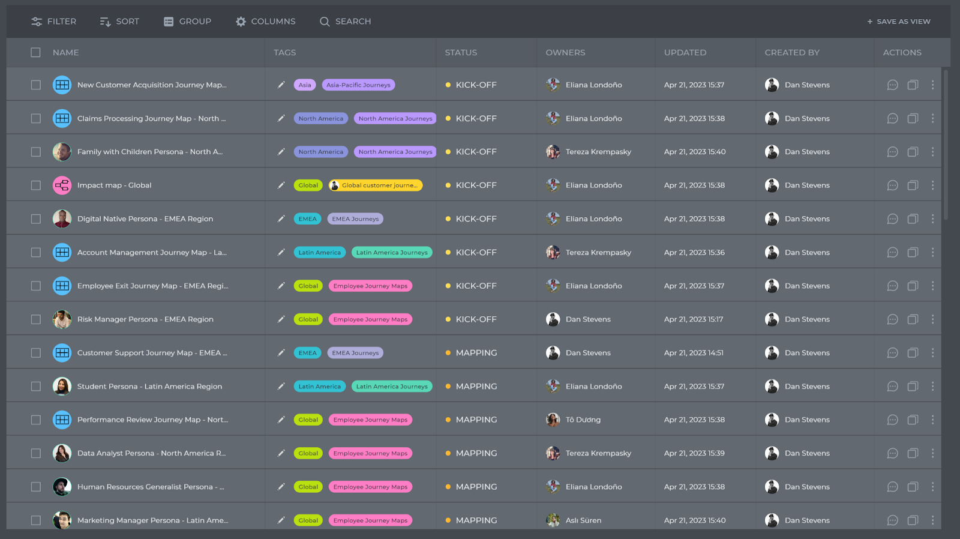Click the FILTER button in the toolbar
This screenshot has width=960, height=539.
pyautogui.click(x=54, y=22)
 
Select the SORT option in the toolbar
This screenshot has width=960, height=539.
pyautogui.click(x=119, y=22)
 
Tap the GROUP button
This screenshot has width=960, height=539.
pyautogui.click(x=187, y=22)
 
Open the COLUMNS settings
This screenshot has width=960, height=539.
pyautogui.click(x=265, y=22)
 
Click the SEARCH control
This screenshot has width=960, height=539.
pyautogui.click(x=345, y=22)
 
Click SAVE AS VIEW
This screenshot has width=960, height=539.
pyautogui.click(x=898, y=22)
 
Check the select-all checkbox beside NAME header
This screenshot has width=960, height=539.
pyautogui.click(x=36, y=53)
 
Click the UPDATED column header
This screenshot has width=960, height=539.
pyautogui.click(x=685, y=53)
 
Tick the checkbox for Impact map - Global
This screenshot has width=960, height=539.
pyautogui.click(x=36, y=185)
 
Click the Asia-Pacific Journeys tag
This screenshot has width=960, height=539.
pyautogui.click(x=358, y=85)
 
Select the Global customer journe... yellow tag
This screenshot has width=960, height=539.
pyautogui.click(x=376, y=185)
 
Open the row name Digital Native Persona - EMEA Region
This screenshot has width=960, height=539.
pyautogui.click(x=145, y=219)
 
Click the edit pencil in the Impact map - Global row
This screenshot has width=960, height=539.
pyautogui.click(x=281, y=185)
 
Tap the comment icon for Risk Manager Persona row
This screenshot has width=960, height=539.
pyautogui.click(x=892, y=319)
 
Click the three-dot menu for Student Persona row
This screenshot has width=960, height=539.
pyautogui.click(x=932, y=387)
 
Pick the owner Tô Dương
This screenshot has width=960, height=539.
pyautogui.click(x=583, y=420)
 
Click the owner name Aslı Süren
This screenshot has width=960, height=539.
pyautogui.click(x=583, y=520)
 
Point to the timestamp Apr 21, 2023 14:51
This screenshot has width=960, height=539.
pyautogui.click(x=694, y=353)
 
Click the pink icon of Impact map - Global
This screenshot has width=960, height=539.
pyautogui.click(x=62, y=185)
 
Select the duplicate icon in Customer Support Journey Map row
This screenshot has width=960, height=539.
pyautogui.click(x=913, y=353)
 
